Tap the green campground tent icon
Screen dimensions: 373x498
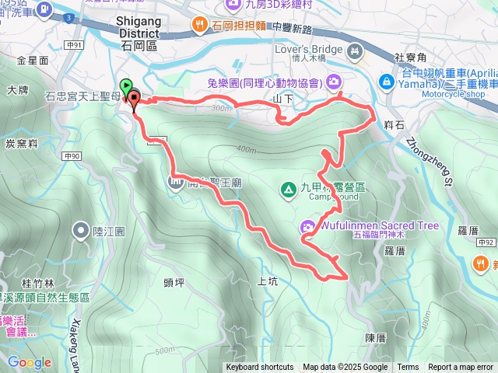coord(287,188)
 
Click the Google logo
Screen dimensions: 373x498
coord(29,362)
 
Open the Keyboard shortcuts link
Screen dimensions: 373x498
coord(260,368)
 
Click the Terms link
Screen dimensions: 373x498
coord(408,368)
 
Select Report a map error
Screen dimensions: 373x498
coord(461,368)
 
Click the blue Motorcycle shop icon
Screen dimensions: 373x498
coord(385,82)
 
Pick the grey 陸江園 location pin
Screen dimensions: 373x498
coord(81,229)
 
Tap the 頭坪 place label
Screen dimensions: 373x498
coord(174,282)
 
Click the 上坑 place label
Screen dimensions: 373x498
coord(266,281)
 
